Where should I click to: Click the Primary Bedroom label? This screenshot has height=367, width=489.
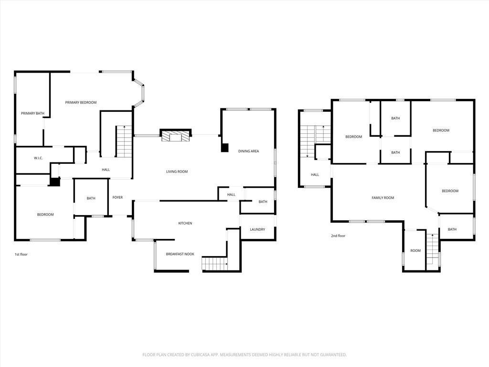point(81,102)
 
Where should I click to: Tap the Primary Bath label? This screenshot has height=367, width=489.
point(32,113)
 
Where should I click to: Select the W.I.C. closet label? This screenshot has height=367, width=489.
point(38,158)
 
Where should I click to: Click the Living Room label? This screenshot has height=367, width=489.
point(177,172)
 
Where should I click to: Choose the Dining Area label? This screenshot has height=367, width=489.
point(248,151)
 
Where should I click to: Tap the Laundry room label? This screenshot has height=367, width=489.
point(257,229)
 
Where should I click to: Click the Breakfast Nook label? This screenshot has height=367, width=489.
point(180,254)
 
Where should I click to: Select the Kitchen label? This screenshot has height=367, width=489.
point(185,223)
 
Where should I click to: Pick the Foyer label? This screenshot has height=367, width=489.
point(117,197)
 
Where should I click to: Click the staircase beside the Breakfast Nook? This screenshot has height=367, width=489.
point(214,263)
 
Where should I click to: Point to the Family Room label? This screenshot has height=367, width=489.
point(383,197)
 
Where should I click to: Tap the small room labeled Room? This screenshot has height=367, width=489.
point(415,250)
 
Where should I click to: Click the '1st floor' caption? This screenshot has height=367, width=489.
point(21,254)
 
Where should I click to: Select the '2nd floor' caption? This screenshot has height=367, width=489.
point(338,236)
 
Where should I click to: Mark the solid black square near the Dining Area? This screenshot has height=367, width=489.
point(224,148)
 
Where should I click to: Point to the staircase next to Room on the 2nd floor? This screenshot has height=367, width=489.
point(432,249)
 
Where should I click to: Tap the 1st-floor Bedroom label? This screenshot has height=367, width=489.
point(45,215)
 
